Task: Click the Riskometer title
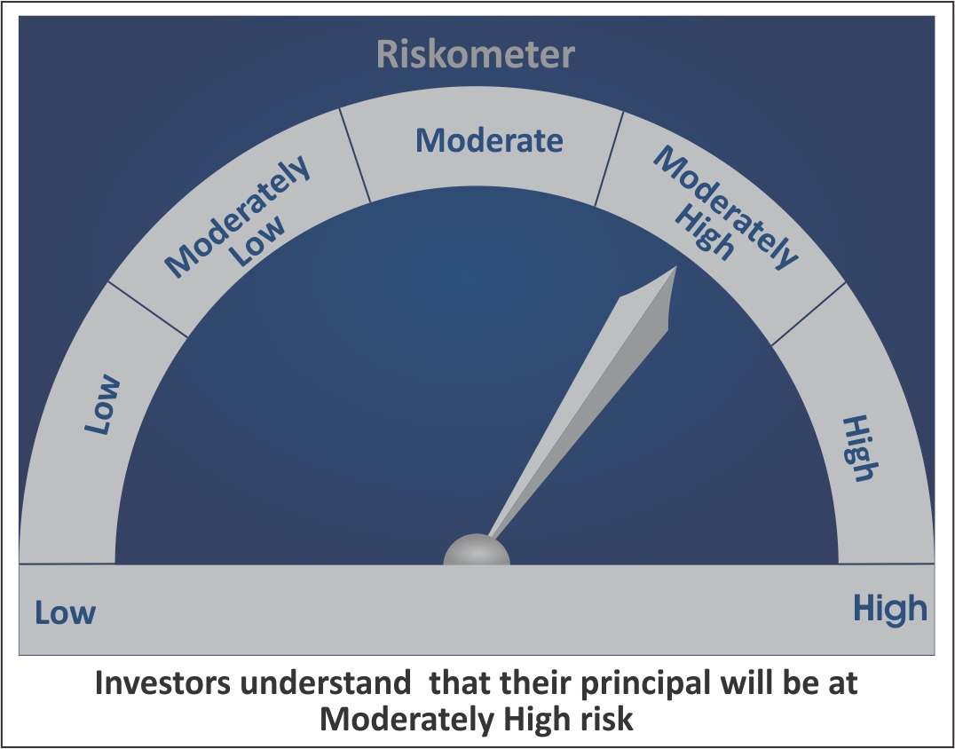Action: coord(476,54)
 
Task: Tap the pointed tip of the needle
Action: coord(676,267)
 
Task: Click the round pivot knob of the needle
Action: coord(477,550)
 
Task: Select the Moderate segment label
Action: coord(489,140)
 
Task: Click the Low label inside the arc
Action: coord(103,405)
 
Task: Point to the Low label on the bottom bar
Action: coord(65,612)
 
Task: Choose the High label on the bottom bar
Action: coord(890,608)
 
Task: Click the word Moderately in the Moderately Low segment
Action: coord(238,217)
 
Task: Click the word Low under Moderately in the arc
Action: coord(258,241)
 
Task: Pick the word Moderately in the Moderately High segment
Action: coord(725,208)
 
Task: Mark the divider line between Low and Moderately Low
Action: coord(148,310)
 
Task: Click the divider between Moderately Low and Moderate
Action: coord(355,154)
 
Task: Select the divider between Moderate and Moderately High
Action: coord(609,159)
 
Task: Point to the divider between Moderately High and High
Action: coord(809,314)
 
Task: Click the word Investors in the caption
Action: coord(162,683)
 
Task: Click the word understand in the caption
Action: coord(325,683)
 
